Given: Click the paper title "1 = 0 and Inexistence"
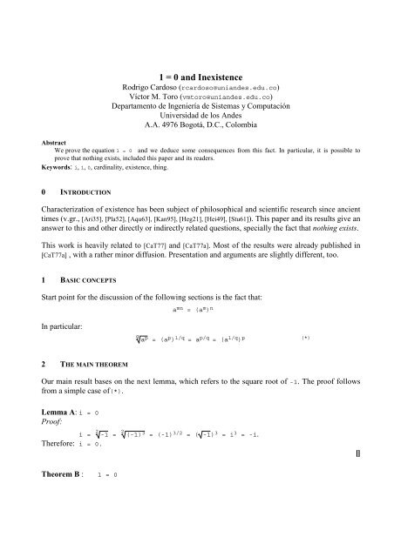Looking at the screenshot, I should click(x=196, y=76).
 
